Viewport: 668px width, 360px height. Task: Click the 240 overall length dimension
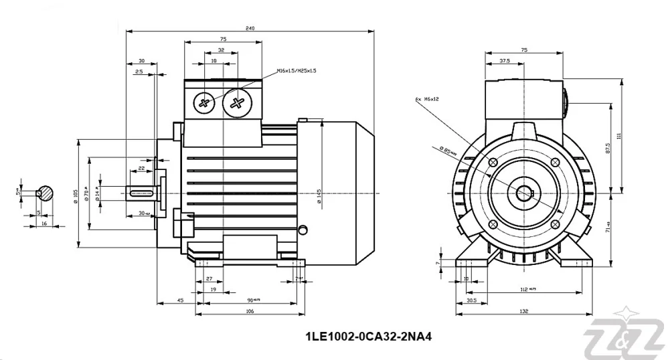(x=250, y=28)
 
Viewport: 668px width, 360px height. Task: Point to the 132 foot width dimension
(x=524, y=311)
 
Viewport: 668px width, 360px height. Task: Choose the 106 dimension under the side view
(x=250, y=311)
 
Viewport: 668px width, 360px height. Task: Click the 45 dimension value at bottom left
(x=180, y=300)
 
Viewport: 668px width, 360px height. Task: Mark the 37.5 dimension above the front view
(x=505, y=61)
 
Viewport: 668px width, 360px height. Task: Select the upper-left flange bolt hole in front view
(x=493, y=163)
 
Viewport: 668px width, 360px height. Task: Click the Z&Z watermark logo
(x=626, y=336)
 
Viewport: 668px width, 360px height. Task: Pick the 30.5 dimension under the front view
(x=471, y=300)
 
